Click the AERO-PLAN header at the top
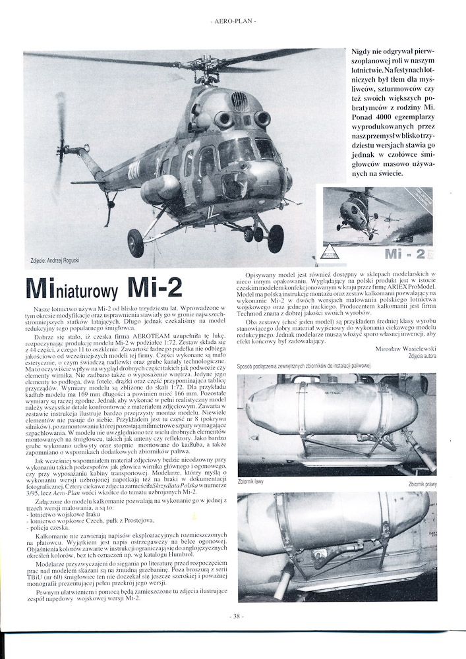tap(233, 21)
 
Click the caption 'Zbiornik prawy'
tap(422, 484)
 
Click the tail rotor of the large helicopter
tap(61, 135)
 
